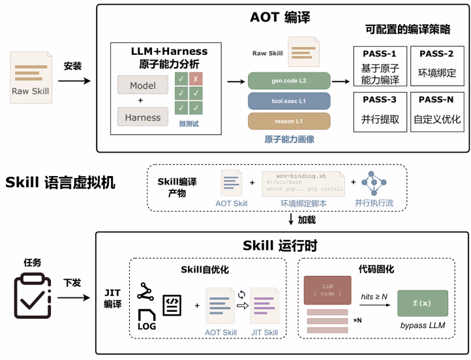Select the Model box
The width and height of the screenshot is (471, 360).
(143, 85)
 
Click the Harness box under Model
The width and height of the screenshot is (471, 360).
(143, 117)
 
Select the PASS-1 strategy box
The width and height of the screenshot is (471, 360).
(380, 67)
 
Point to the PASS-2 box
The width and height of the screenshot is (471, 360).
(436, 67)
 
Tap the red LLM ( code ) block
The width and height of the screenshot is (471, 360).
(327, 290)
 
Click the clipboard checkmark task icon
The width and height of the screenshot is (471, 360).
(33, 297)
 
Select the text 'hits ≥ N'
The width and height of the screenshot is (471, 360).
(375, 297)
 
